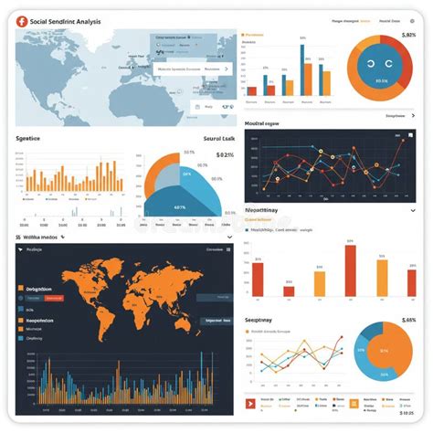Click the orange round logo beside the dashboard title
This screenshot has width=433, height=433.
[22, 21]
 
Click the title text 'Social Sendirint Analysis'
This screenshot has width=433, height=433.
[66, 21]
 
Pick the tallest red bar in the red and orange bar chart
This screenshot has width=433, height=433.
[350, 270]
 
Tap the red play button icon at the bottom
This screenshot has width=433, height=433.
[249, 403]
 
